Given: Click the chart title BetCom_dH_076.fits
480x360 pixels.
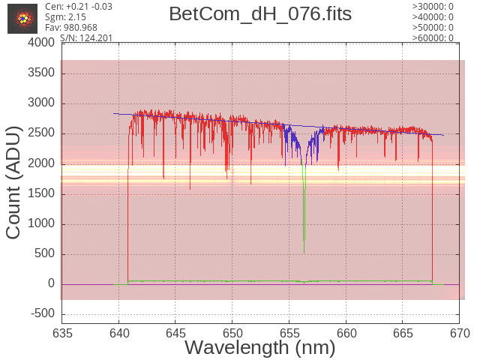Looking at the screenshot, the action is click(260, 14).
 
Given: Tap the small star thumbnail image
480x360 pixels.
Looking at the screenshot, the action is click(22, 19).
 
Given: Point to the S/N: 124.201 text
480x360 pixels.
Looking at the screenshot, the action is click(86, 38).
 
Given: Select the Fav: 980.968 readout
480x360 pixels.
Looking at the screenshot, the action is click(71, 28).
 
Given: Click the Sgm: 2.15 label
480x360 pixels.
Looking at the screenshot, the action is click(65, 17).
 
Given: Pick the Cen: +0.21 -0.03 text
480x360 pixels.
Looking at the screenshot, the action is click(79, 7).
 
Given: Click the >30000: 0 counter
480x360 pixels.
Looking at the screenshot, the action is click(433, 7).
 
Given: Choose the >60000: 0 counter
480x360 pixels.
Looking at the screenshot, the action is click(433, 38).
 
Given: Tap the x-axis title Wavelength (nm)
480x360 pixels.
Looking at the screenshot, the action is click(260, 348).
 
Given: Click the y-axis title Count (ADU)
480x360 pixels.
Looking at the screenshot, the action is click(13, 183).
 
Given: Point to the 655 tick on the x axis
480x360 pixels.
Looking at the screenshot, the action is click(289, 333).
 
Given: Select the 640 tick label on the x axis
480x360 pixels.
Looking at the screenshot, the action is click(119, 333).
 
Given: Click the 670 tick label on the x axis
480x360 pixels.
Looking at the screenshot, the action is click(460, 333).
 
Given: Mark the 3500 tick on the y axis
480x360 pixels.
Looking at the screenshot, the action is click(41, 73).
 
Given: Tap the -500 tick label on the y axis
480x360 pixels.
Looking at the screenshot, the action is click(43, 313).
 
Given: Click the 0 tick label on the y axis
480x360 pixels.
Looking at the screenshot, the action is click(51, 283).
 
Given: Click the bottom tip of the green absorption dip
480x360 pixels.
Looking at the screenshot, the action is click(304, 253).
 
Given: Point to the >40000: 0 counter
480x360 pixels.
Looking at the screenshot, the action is click(433, 17).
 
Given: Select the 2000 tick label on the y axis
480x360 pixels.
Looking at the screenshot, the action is click(41, 163).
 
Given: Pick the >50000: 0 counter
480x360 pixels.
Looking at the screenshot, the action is click(433, 28).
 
